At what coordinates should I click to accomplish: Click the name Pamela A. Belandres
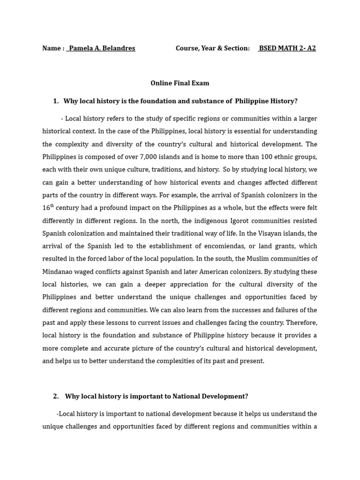coord(102,48)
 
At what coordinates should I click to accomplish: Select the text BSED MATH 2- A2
coord(288,48)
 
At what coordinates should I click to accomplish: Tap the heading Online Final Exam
coord(180,83)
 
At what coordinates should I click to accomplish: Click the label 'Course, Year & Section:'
coord(212,48)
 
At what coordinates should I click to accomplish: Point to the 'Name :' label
coord(53,48)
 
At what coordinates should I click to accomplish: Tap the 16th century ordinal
coord(48,207)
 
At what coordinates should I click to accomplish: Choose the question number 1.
coord(55,101)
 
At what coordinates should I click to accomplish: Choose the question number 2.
coord(56,397)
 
